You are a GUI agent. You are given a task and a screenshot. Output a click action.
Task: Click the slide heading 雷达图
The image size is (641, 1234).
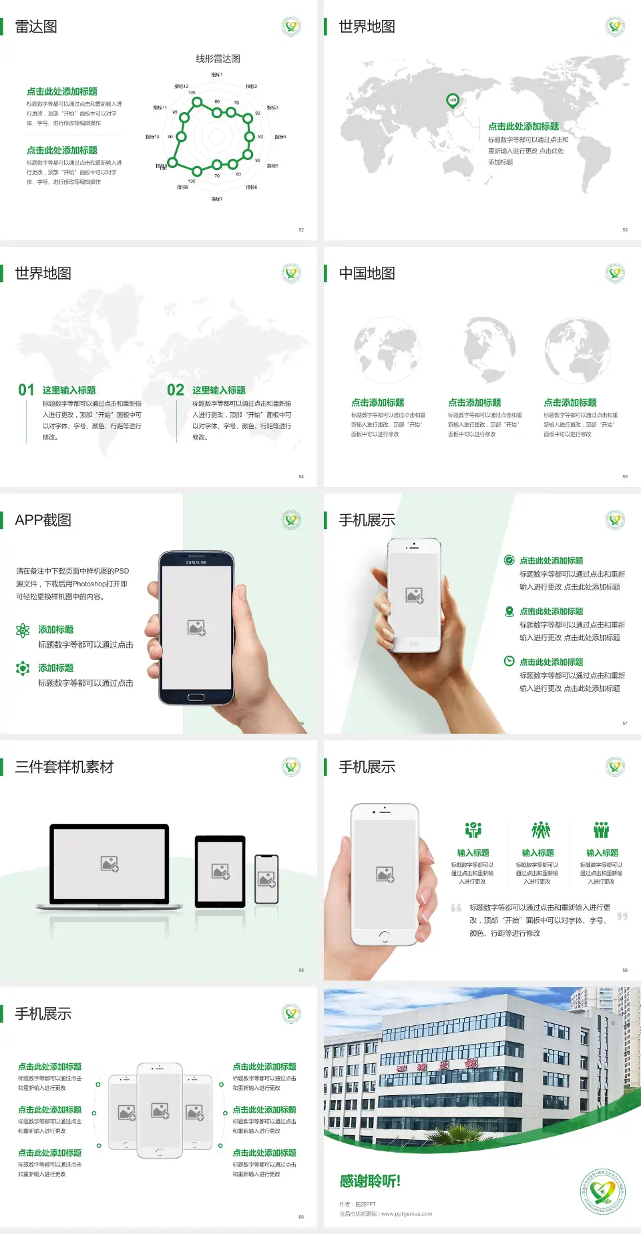coord(36,27)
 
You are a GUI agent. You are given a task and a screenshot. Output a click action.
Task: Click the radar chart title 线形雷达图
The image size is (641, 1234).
coord(218,59)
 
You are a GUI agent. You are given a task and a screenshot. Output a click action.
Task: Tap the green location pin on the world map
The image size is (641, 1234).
coord(452,101)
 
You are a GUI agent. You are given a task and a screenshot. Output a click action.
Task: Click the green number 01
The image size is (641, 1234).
coord(26,390)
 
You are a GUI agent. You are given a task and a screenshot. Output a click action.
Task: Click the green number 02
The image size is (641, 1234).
coord(176,390)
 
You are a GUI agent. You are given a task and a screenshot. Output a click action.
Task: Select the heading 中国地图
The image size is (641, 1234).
coord(367,273)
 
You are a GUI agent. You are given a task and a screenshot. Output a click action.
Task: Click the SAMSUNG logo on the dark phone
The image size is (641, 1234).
coord(196,562)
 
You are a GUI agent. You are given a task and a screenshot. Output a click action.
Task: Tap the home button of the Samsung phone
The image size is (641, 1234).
coord(196,697)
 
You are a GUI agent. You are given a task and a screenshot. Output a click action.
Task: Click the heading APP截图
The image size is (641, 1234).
coord(43,520)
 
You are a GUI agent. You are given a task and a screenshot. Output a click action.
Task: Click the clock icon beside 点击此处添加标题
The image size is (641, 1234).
coord(509,661)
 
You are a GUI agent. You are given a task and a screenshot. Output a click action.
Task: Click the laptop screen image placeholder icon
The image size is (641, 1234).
coord(110,864)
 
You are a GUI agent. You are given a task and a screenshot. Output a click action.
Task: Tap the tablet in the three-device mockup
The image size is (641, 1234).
coord(220,870)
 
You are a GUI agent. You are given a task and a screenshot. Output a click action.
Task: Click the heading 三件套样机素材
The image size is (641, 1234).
coord(64,767)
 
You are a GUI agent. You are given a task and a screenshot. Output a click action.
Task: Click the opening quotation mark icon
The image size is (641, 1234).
coord(456,908)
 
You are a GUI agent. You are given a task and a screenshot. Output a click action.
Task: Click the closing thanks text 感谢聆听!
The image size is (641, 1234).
coord(370,1181)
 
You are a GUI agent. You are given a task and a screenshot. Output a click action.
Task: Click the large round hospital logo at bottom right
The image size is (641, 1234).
coord(603,1191)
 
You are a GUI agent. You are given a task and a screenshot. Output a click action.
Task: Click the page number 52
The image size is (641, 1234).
coord(301,229)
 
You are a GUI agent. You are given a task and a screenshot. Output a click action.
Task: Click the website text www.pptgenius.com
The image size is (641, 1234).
coord(407,1214)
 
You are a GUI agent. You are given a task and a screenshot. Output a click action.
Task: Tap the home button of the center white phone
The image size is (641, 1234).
coord(159,1152)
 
